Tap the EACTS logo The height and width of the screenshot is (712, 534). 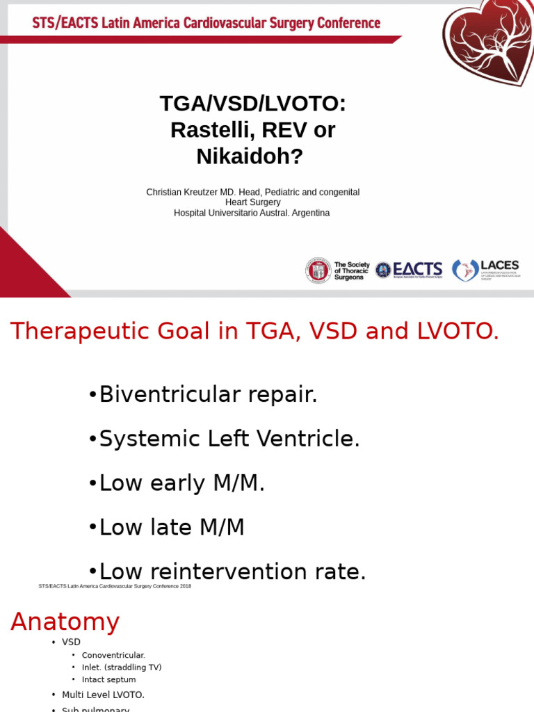[x=410, y=270]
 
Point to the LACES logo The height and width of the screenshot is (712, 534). [x=485, y=270]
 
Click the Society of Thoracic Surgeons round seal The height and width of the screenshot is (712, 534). [x=318, y=270]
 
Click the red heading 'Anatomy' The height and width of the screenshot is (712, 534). [x=65, y=621]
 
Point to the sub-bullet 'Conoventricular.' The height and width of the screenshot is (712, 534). [x=113, y=655]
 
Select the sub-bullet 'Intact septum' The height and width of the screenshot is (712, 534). [x=108, y=679]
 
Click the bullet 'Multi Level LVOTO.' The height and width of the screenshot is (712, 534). [x=103, y=695]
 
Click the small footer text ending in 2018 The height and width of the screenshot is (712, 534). [x=115, y=586]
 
